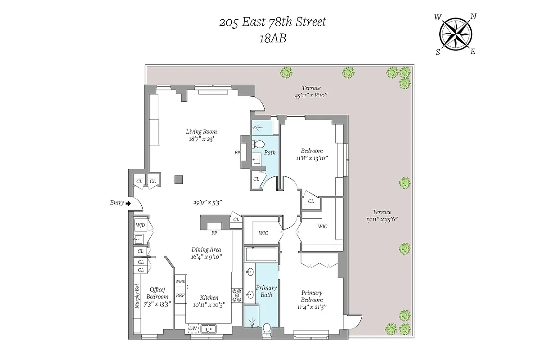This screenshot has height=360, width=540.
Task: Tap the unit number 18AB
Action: (273, 39)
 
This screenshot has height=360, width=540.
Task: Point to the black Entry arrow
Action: (128, 203)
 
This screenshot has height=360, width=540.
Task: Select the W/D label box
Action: (139, 225)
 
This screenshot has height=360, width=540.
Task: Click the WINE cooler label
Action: (180, 281)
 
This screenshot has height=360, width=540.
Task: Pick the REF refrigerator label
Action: (180, 296)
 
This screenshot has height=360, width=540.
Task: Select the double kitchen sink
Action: (208, 329)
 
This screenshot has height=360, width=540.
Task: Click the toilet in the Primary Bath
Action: (267, 329)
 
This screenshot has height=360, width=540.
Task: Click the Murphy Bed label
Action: (137, 297)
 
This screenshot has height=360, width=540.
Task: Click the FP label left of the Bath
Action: (237, 153)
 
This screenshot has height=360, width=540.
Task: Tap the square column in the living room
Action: (178, 179)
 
